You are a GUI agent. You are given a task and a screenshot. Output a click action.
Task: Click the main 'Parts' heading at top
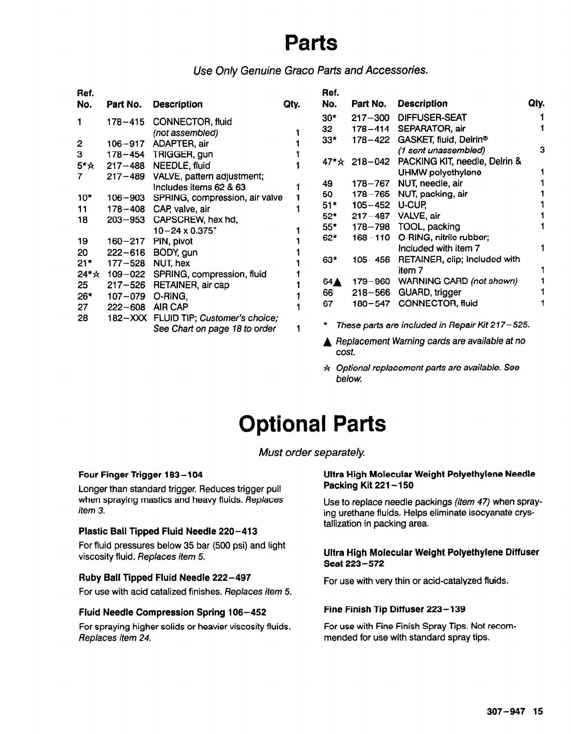[311, 43]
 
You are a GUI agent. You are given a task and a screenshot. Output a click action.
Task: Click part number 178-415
[125, 122]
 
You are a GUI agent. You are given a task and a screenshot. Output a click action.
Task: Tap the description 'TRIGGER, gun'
[183, 155]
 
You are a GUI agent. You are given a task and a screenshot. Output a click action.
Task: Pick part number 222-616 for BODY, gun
[125, 253]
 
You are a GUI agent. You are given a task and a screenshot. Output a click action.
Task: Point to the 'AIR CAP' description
[171, 307]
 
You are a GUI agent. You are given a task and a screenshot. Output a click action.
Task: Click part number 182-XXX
[126, 318]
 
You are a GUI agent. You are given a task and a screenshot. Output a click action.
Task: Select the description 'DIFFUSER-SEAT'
[432, 118]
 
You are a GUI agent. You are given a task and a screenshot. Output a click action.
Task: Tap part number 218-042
[370, 161]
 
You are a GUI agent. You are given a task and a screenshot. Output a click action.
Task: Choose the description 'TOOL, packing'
[429, 227]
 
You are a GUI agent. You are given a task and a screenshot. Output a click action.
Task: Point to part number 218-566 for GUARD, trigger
[370, 292]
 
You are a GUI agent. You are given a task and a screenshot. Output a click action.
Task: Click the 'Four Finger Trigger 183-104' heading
[140, 475]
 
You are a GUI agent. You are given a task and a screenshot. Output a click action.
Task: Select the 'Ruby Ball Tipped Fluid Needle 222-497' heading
[165, 578]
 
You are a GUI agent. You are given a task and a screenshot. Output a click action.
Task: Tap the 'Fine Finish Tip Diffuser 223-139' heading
[395, 610]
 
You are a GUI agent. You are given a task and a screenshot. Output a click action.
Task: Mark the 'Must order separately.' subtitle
[311, 452]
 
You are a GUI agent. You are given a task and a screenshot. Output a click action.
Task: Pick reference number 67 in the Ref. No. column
[327, 304]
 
